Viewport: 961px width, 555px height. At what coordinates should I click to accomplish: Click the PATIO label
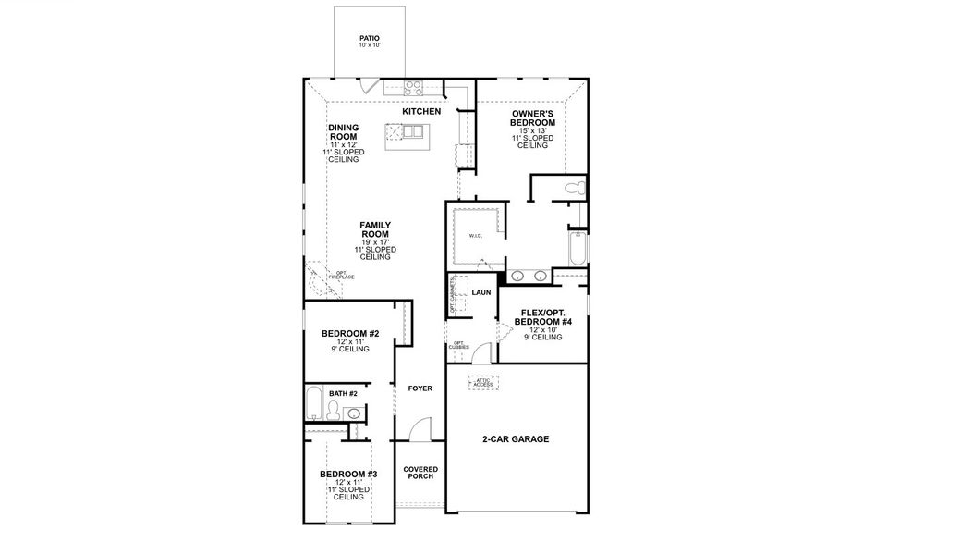tap(370, 42)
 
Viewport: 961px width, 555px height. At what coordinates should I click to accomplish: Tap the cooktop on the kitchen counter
tap(413, 89)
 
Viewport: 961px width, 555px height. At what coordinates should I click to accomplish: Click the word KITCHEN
tap(421, 112)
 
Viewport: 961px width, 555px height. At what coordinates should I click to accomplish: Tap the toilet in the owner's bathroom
tap(573, 189)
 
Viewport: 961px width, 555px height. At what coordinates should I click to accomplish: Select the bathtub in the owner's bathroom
tap(578, 249)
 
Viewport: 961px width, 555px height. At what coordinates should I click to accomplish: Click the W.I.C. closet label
tap(476, 236)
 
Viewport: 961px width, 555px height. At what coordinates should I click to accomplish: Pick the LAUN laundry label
tap(480, 292)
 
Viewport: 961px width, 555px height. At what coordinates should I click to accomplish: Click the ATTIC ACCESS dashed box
tap(482, 382)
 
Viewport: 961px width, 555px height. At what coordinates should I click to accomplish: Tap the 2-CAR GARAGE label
tap(516, 439)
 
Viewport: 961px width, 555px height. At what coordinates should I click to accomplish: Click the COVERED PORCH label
tap(420, 474)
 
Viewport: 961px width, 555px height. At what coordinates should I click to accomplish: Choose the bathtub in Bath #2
tap(313, 403)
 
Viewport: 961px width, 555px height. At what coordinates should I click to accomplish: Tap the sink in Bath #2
tap(352, 413)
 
